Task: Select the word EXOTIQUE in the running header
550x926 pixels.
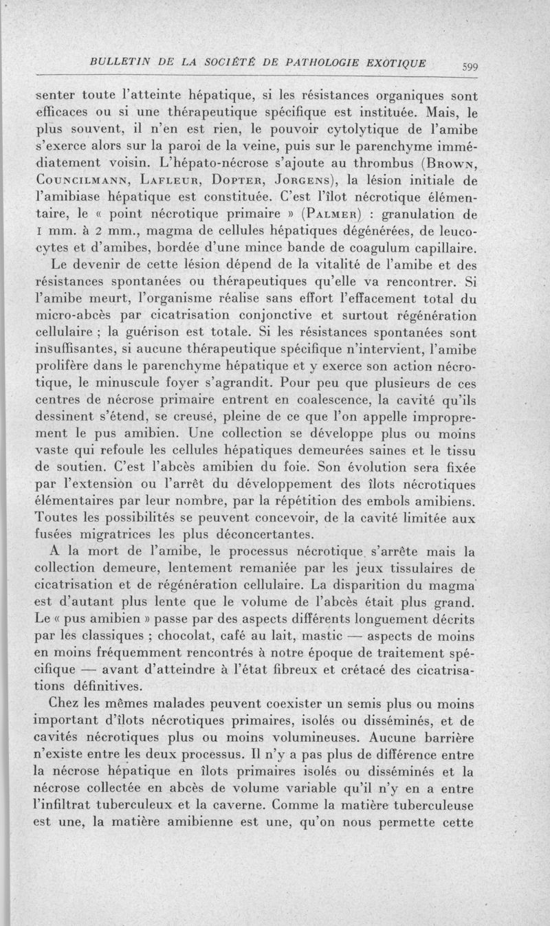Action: (x=392, y=63)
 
